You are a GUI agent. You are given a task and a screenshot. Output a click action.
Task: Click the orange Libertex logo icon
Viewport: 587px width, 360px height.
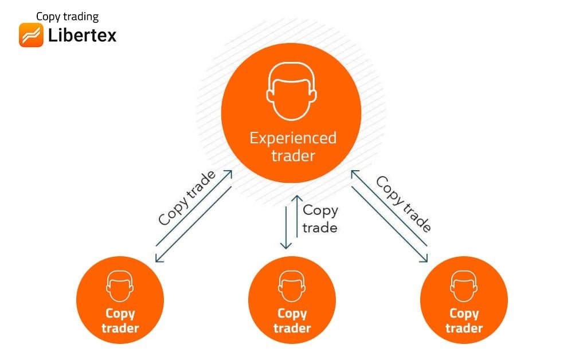tap(31, 35)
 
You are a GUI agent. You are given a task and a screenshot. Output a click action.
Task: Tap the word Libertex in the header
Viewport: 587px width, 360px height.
tap(83, 36)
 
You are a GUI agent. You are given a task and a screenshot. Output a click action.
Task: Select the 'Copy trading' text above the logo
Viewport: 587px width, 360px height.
tap(67, 17)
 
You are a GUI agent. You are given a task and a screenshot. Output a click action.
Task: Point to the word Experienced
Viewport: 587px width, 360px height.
tap(292, 138)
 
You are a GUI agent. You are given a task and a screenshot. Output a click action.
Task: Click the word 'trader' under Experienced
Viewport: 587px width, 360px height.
tap(292, 155)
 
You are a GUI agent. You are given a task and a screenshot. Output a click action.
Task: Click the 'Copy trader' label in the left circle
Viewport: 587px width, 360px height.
tap(120, 321)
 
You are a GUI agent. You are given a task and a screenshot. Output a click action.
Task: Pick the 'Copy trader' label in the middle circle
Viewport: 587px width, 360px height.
tap(292, 321)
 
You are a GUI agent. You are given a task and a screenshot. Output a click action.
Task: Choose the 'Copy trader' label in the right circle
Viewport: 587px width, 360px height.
tap(464, 321)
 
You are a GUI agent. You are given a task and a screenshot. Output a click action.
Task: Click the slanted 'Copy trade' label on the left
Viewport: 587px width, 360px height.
tap(187, 198)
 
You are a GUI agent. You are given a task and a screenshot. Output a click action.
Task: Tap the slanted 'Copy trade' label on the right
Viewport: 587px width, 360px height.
tap(403, 204)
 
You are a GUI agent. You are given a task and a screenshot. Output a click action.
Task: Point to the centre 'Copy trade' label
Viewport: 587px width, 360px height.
tap(320, 218)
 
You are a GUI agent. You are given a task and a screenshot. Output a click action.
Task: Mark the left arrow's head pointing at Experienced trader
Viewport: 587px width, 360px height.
tap(229, 173)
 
